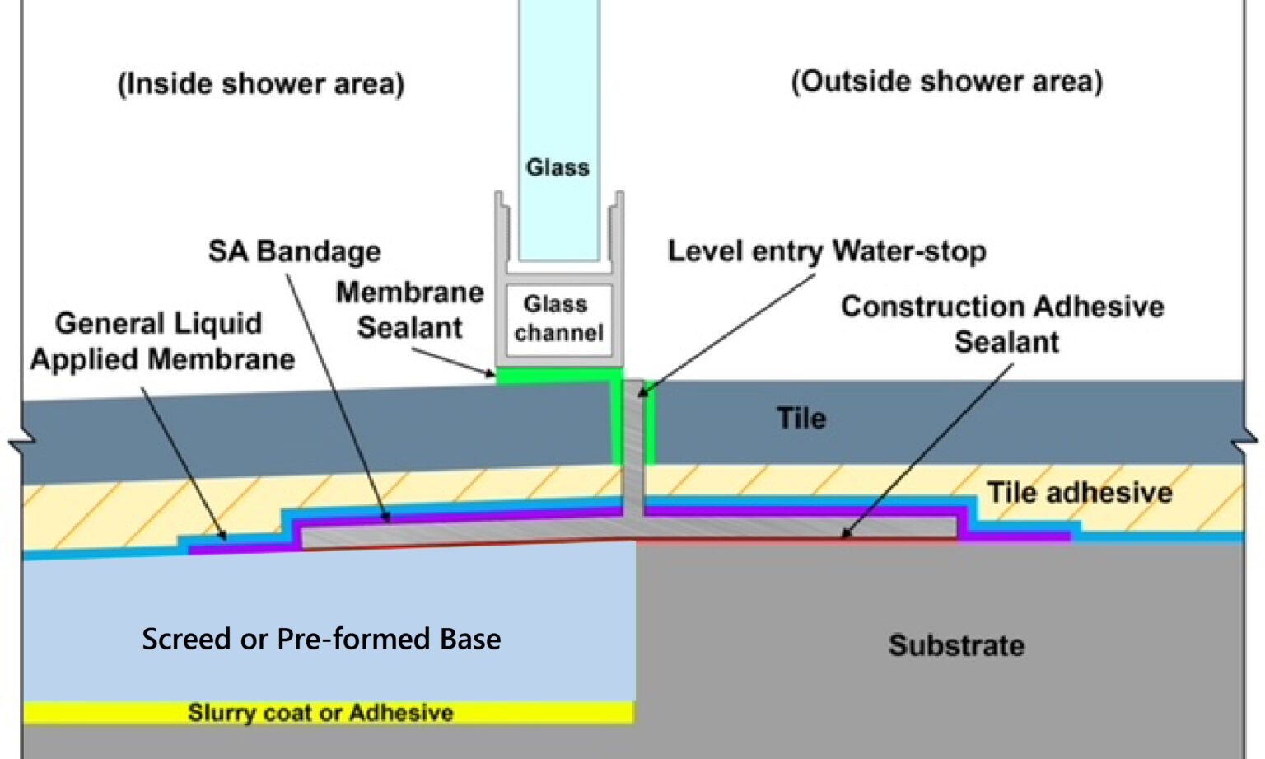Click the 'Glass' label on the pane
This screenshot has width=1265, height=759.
(558, 167)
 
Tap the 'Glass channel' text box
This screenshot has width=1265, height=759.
(558, 319)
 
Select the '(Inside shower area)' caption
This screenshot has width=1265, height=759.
(261, 84)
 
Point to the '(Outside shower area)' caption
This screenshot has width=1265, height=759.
(946, 82)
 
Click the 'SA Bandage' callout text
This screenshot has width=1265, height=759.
(294, 251)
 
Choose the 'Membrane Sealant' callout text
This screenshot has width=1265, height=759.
(409, 310)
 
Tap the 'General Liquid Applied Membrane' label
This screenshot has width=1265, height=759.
(161, 341)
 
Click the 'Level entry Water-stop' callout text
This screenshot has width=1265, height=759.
(826, 251)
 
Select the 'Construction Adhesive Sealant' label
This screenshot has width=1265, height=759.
(1002, 324)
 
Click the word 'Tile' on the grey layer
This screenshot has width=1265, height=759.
(801, 419)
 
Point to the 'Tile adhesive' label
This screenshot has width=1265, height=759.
(1079, 493)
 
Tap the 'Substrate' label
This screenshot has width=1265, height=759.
(956, 645)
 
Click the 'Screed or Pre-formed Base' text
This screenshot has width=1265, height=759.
(321, 640)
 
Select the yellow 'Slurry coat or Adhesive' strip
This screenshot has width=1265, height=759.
(321, 713)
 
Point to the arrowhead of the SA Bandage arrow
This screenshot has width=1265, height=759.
(387, 518)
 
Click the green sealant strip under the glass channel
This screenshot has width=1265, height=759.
(558, 376)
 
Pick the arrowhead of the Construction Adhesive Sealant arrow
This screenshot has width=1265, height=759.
(844, 535)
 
